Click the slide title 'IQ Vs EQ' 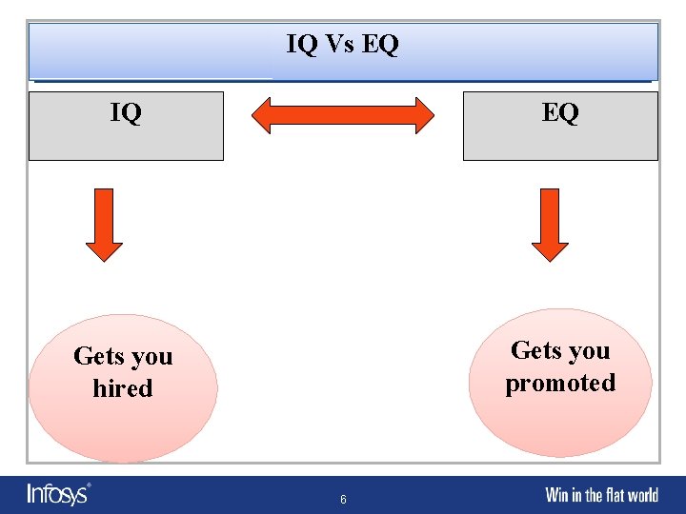(x=342, y=44)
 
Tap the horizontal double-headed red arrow (x=342, y=115)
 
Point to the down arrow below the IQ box (x=104, y=225)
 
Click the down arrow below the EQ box (x=550, y=225)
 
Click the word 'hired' (x=123, y=388)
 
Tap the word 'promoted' (x=560, y=383)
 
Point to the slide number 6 (x=343, y=500)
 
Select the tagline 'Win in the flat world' (x=601, y=495)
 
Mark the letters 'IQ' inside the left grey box (x=126, y=113)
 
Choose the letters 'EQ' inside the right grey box (x=560, y=113)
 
